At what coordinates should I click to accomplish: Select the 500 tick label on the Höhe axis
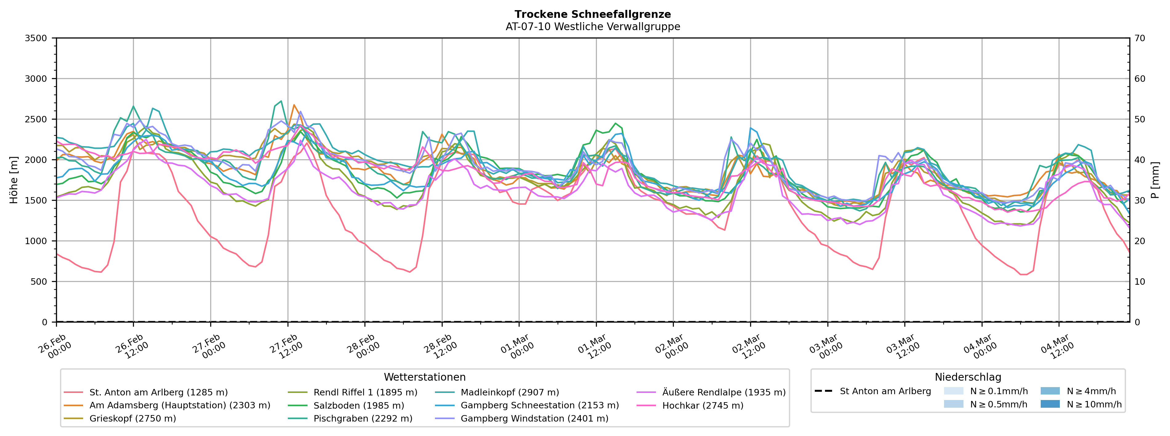[x=38, y=282]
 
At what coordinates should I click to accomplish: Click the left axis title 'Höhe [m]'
[x=14, y=180]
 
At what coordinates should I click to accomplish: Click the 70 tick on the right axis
[x=1140, y=38]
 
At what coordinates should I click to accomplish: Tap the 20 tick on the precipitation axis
[x=1140, y=241]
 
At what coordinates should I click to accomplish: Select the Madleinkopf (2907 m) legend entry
[x=510, y=392]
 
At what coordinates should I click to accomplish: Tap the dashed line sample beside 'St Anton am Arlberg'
[x=823, y=391]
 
